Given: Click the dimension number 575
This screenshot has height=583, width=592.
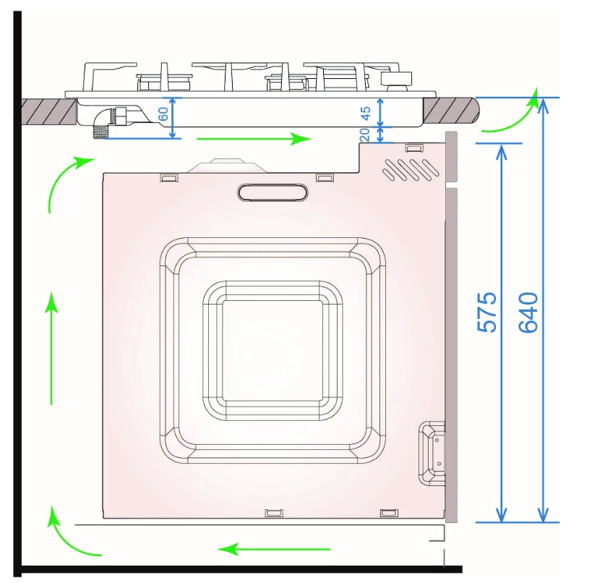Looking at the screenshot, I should pos(488,312).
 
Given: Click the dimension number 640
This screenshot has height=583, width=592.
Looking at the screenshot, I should pos(528,312).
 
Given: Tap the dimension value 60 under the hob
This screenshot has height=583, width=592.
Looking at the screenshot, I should pos(163,114).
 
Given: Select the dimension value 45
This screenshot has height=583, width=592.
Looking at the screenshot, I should pos(365,112).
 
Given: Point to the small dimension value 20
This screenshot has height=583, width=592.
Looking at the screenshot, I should pos(365,134).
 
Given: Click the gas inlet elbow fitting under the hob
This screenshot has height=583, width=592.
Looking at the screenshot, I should pos(112,119).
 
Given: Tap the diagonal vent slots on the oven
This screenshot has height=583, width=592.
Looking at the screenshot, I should pos(410,169).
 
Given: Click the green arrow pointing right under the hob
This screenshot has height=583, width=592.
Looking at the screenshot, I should pos(254,139).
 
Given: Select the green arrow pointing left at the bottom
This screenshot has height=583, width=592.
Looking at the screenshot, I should pos(275,548).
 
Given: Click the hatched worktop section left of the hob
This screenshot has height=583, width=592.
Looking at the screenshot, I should pos(48,111).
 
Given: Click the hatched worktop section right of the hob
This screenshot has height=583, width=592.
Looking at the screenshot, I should pos(450,111).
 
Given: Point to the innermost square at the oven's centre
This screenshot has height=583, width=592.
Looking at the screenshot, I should pos(272,350).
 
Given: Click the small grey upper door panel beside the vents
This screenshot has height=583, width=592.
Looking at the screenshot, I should pos(452,156).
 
